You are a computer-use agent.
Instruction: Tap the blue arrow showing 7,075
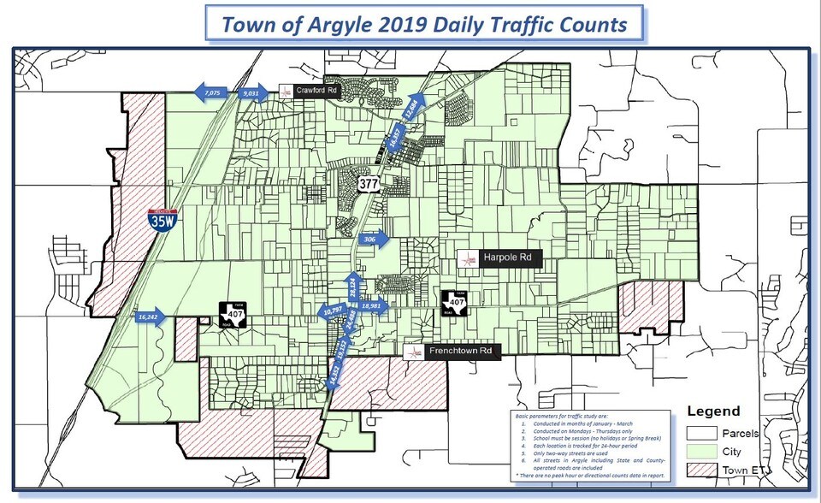(x=211, y=92)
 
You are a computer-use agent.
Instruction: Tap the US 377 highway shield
(x=369, y=183)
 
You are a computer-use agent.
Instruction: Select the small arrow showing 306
(x=373, y=240)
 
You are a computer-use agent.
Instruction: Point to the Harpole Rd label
(x=508, y=257)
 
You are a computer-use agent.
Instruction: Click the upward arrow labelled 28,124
(x=351, y=287)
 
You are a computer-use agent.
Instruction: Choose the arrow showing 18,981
(x=374, y=305)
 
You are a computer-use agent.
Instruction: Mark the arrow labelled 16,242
(x=151, y=317)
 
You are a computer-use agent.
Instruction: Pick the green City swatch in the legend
(x=702, y=451)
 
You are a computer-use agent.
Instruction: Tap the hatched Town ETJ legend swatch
(x=702, y=470)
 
